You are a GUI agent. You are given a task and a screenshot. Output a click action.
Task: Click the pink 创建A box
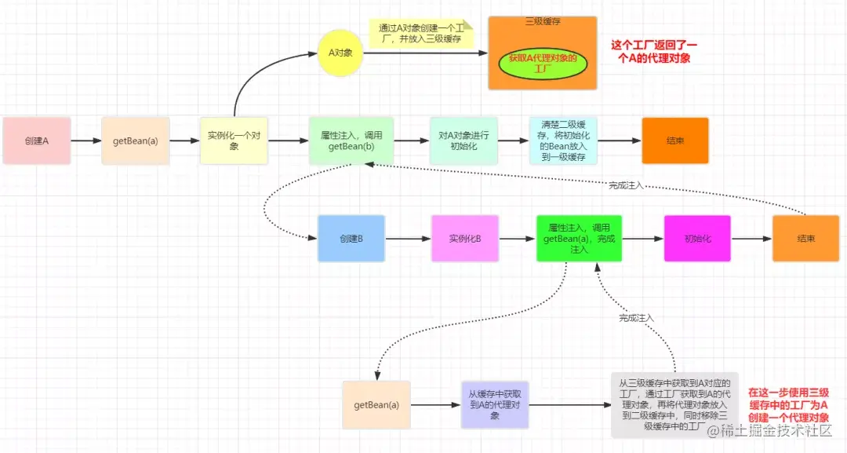tap(36, 141)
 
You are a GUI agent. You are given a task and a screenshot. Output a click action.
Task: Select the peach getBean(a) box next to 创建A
tap(135, 141)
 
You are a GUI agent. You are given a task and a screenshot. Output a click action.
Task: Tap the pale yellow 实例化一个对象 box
tap(234, 141)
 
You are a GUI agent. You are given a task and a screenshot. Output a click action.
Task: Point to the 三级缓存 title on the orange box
tap(542, 21)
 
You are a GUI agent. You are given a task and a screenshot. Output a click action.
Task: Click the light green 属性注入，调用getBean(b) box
tap(351, 141)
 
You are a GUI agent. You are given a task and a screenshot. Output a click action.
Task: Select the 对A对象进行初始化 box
tap(463, 141)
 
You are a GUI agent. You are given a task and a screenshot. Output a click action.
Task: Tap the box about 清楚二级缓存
tap(563, 141)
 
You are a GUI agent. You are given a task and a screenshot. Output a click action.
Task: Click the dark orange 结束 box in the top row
tap(674, 141)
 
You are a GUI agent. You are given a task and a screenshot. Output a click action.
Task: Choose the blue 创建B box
tap(351, 238)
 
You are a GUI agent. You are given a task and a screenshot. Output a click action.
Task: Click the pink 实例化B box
tap(464, 238)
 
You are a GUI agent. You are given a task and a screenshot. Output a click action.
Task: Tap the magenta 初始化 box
tap(697, 238)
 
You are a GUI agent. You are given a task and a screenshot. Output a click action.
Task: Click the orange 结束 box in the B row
tap(805, 238)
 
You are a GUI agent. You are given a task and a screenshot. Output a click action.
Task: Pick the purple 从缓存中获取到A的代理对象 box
tap(494, 405)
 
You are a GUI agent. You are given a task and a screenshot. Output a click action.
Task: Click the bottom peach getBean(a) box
tap(376, 405)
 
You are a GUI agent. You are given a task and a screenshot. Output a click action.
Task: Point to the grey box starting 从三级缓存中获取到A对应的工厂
tap(674, 405)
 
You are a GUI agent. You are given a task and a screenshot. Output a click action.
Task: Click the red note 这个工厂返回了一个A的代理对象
tap(656, 52)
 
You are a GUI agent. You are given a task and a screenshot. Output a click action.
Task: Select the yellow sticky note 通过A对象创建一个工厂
tap(416, 34)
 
